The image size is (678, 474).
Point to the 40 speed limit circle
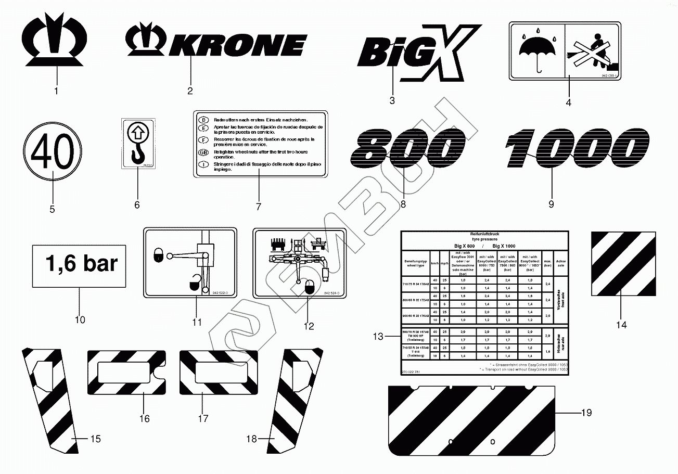[x=52, y=156]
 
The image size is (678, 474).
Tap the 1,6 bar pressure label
[x=79, y=266]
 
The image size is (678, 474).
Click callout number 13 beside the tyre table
[x=379, y=337]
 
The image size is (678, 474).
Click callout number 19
[x=586, y=413]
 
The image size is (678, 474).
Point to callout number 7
[x=258, y=207]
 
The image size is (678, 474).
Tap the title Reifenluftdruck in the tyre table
[x=484, y=235]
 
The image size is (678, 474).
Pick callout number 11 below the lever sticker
[x=196, y=322]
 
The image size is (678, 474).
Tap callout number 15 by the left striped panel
[x=95, y=439]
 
